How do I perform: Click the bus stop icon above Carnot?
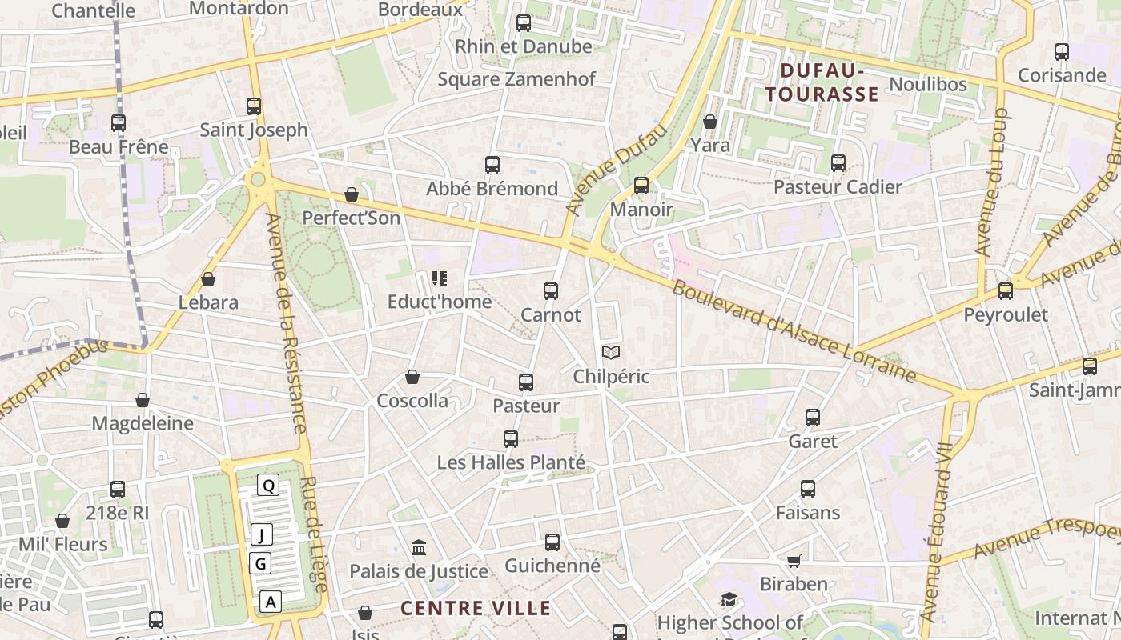click(x=551, y=291)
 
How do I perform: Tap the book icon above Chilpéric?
click(x=611, y=352)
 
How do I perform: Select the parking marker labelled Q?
click(x=269, y=485)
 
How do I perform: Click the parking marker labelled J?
click(x=262, y=534)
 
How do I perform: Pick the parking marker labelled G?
click(x=260, y=564)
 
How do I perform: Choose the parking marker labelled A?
click(x=271, y=602)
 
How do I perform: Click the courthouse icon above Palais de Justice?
click(x=419, y=547)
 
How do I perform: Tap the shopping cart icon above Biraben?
click(x=794, y=561)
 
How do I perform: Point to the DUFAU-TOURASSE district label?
click(x=822, y=83)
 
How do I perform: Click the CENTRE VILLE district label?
click(x=476, y=608)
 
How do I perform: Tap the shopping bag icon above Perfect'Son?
click(x=351, y=194)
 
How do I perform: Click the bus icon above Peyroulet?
click(x=1006, y=291)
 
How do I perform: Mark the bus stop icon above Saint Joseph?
click(x=254, y=106)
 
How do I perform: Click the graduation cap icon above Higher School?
click(x=729, y=599)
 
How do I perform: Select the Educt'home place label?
click(x=440, y=302)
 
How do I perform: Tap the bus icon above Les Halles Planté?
click(x=511, y=438)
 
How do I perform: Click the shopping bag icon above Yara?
click(x=710, y=122)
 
